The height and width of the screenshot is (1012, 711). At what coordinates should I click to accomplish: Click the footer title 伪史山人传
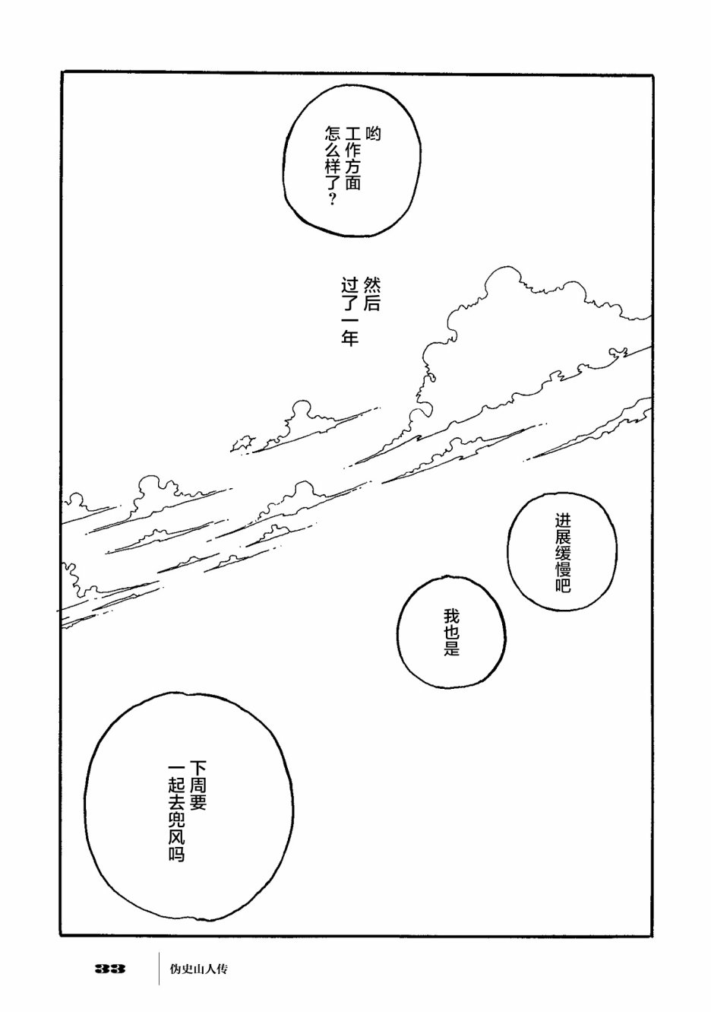coord(200,969)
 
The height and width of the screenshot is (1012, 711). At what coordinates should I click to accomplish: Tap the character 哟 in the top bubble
coord(372,135)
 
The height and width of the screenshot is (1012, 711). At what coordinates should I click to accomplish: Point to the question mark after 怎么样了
coord(331,200)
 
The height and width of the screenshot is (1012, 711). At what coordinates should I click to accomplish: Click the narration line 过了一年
coord(349,313)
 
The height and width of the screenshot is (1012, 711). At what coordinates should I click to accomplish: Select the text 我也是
coord(452,633)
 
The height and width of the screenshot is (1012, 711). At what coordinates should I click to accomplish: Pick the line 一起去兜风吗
coord(177,811)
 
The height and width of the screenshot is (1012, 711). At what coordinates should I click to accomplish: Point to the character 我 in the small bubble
coord(452,614)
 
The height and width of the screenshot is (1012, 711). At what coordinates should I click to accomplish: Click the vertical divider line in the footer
coord(159,969)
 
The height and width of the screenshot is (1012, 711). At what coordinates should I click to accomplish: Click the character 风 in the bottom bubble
coord(177,835)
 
